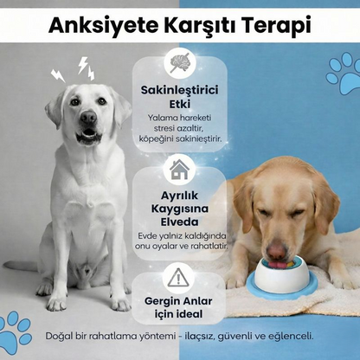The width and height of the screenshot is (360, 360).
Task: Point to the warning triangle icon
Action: [179, 277]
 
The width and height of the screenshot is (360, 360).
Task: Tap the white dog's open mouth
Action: [88, 135]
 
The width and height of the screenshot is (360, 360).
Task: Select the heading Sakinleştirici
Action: [179, 90]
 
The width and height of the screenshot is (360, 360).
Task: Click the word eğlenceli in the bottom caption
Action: [286, 336]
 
